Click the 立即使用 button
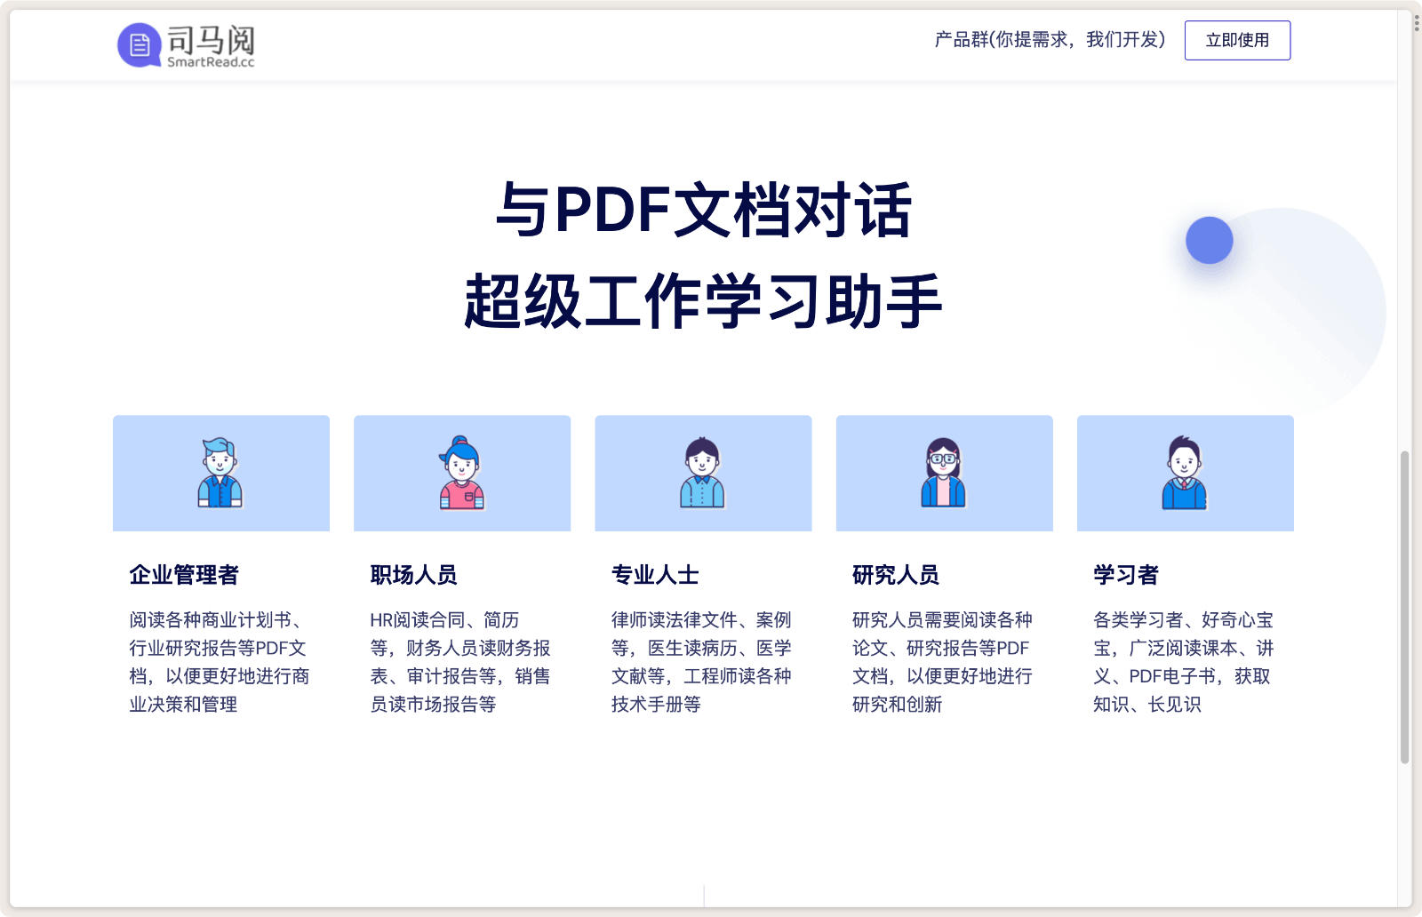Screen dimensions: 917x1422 [1237, 41]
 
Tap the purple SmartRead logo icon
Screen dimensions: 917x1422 [139, 44]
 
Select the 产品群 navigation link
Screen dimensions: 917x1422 [1049, 40]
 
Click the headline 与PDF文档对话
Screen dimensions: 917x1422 [703, 211]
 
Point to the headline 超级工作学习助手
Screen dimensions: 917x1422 [703, 301]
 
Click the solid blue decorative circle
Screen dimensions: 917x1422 [1209, 240]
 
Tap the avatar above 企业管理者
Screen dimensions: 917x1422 [220, 473]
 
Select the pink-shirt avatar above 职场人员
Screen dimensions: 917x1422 [461, 473]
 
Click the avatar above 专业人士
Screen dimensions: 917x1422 [702, 473]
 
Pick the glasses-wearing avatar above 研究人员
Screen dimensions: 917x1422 [943, 473]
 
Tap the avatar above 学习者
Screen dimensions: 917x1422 [1185, 473]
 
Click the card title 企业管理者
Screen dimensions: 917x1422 [184, 575]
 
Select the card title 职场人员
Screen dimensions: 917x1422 [413, 575]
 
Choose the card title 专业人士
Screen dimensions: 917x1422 [655, 575]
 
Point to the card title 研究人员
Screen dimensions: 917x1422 [895, 575]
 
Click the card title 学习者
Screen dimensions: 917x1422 [1125, 575]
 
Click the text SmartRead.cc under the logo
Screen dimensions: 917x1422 [211, 62]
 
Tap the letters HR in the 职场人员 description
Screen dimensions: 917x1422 [381, 620]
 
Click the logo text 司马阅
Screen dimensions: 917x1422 [211, 39]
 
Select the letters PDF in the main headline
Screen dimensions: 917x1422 [612, 211]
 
